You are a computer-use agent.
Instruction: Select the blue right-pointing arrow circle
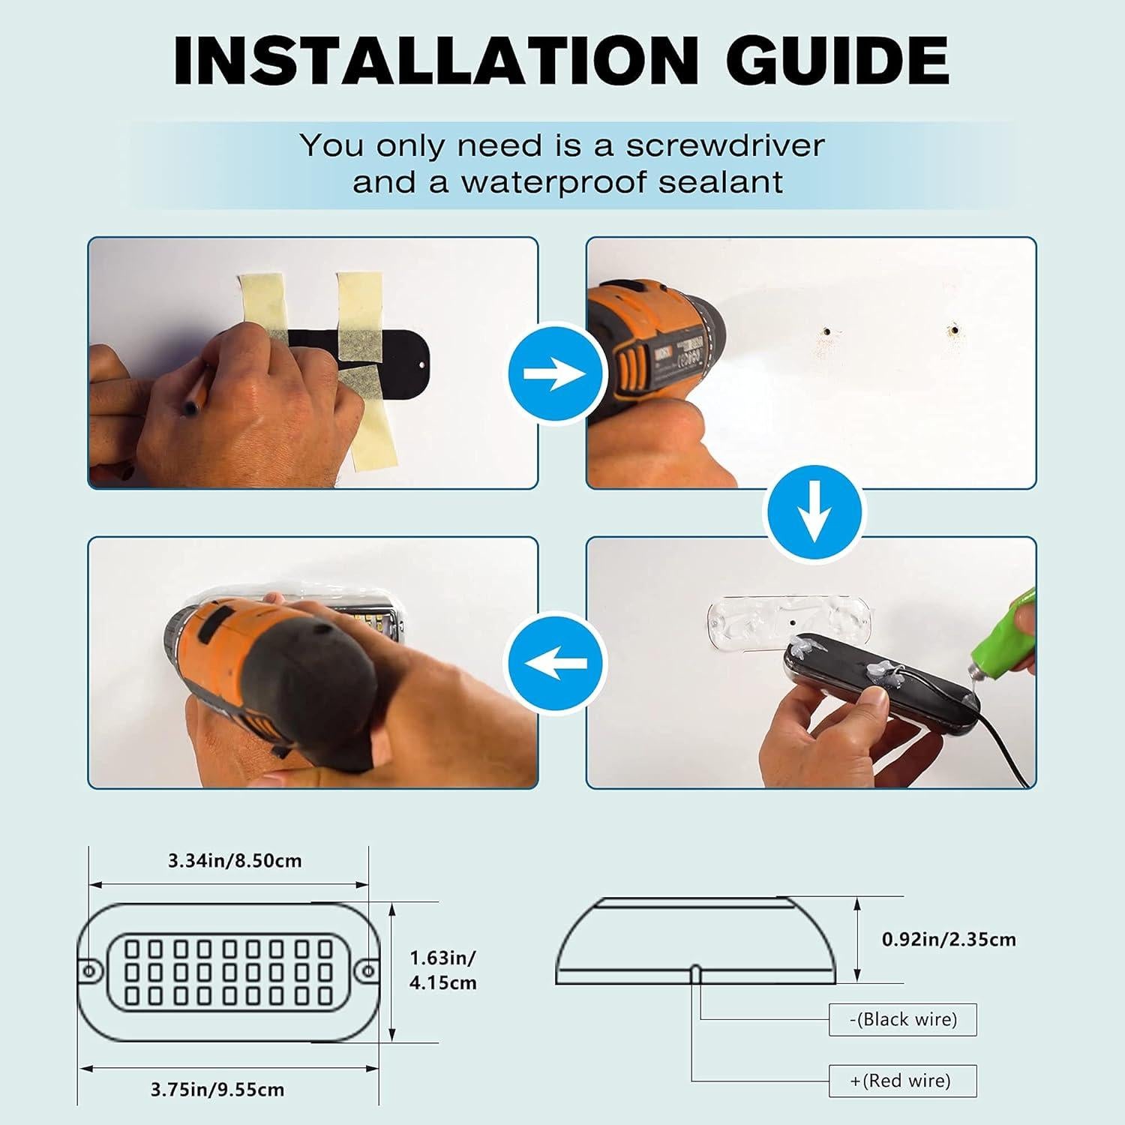pyautogui.click(x=555, y=373)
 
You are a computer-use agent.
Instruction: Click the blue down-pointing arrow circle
pyautogui.click(x=813, y=512)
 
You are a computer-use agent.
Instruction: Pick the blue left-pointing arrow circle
pyautogui.click(x=555, y=663)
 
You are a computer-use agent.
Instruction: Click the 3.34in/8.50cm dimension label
pyautogui.click(x=235, y=860)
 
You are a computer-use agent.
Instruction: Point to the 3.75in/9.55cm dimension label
pyautogui.click(x=217, y=1090)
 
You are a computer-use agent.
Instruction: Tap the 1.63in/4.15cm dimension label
pyautogui.click(x=442, y=970)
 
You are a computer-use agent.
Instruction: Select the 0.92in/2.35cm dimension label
pyautogui.click(x=949, y=939)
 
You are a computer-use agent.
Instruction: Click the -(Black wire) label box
pyautogui.click(x=902, y=1019)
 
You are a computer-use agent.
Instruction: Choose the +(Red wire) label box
pyautogui.click(x=902, y=1081)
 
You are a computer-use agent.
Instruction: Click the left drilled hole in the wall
pyautogui.click(x=826, y=330)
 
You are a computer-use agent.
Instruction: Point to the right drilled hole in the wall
pyautogui.click(x=954, y=328)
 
